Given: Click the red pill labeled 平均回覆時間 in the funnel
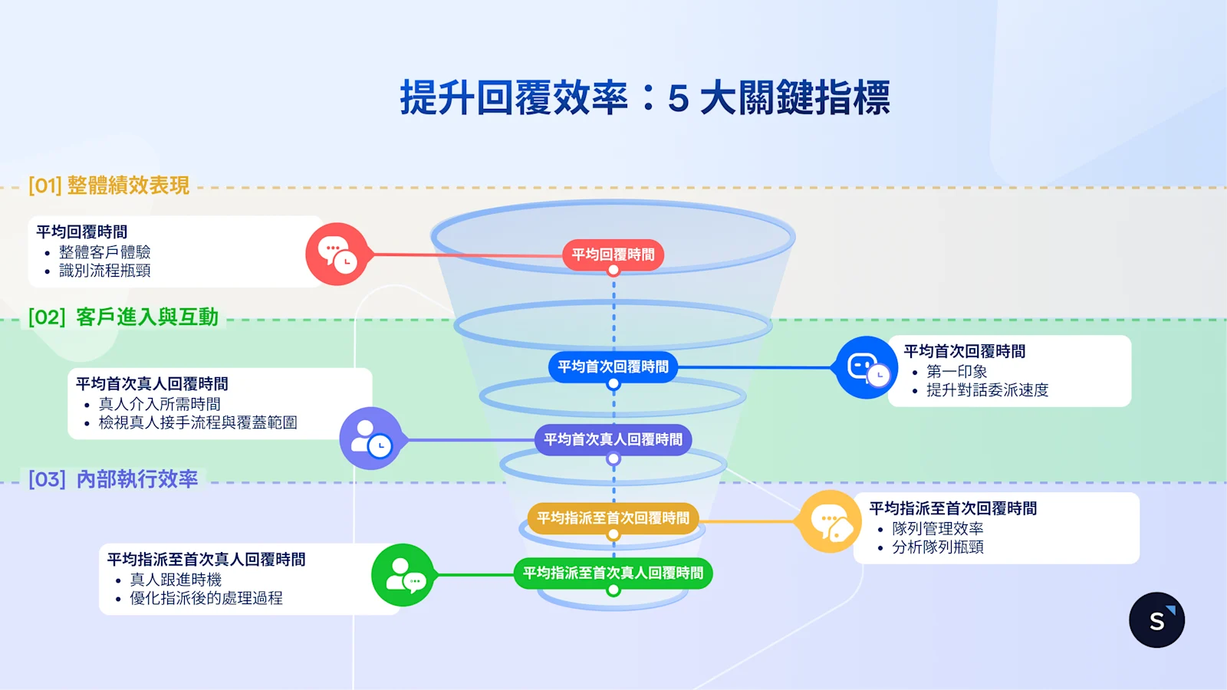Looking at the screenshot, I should pyautogui.click(x=613, y=255).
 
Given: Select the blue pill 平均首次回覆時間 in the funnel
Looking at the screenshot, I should pyautogui.click(x=613, y=366).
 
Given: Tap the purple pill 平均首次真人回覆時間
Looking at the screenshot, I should pyautogui.click(x=613, y=439).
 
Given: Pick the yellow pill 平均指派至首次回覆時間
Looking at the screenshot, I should pyautogui.click(x=613, y=518).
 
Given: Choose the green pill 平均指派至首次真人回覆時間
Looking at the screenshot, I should pyautogui.click(x=613, y=573).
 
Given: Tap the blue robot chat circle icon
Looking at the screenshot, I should pyautogui.click(x=867, y=367).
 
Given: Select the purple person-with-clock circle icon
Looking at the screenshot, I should pyautogui.click(x=371, y=439).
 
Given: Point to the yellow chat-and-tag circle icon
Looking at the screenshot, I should pyautogui.click(x=831, y=521).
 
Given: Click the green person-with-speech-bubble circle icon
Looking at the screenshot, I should pyautogui.click(x=403, y=575).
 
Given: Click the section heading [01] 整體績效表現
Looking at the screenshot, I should pyautogui.click(x=109, y=186).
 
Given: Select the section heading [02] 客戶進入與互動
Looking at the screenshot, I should pyautogui.click(x=123, y=317).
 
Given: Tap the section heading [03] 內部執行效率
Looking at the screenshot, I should pyautogui.click(x=113, y=479).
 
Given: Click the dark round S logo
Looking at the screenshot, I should pyautogui.click(x=1156, y=620).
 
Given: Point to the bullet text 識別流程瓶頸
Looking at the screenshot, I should pyautogui.click(x=104, y=271).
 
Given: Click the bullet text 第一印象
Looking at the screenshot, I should pyautogui.click(x=956, y=371).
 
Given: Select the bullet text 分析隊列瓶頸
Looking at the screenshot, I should pyautogui.click(x=937, y=547).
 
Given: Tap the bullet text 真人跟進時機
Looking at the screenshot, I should pyautogui.click(x=176, y=580).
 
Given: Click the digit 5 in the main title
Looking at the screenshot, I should pyautogui.click(x=678, y=100).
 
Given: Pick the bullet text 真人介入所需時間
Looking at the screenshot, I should pyautogui.click(x=160, y=404).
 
